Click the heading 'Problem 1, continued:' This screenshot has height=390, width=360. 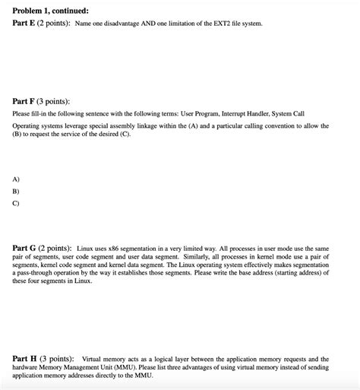(50, 11)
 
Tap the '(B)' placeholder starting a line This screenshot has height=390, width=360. (17, 134)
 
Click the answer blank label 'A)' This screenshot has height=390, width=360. (17, 179)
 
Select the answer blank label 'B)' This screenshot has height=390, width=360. (17, 191)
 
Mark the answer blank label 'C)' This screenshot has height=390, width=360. (17, 203)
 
